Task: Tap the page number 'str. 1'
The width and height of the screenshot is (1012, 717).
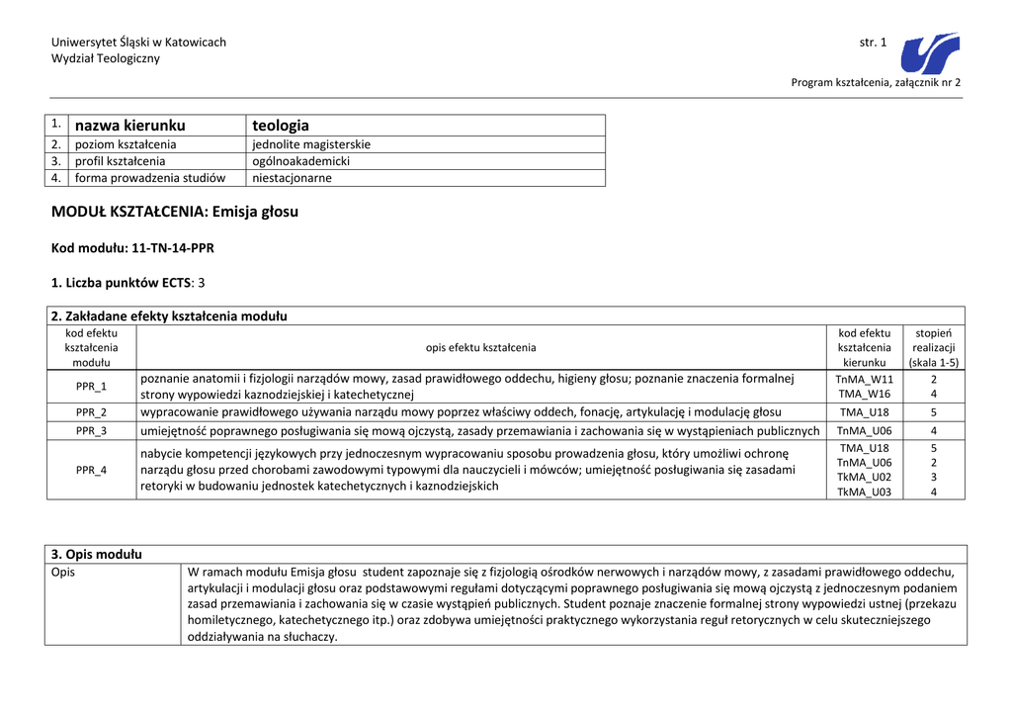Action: click(x=874, y=43)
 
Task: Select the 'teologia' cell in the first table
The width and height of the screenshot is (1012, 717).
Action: click(x=281, y=126)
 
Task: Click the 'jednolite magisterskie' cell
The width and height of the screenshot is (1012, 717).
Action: click(x=311, y=144)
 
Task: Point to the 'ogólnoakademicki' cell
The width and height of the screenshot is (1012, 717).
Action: click(x=301, y=161)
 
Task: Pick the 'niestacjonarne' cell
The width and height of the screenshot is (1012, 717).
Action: click(x=293, y=178)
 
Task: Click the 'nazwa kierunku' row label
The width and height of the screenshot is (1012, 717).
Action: click(x=129, y=126)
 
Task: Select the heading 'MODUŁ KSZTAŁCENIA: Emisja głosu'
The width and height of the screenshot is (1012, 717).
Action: click(x=175, y=212)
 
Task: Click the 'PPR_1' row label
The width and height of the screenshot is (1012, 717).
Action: click(x=91, y=386)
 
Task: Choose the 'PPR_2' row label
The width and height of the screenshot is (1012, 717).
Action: click(x=91, y=411)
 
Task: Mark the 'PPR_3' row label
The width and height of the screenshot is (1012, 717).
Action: click(x=91, y=430)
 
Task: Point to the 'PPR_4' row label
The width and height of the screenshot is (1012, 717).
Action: click(x=91, y=470)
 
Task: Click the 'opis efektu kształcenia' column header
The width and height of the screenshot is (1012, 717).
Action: click(x=480, y=347)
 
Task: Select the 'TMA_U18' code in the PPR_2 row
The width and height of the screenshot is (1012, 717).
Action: click(x=865, y=412)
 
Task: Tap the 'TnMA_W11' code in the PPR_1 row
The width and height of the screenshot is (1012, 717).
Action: click(x=865, y=379)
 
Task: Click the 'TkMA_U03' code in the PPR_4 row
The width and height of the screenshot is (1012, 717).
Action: click(x=865, y=492)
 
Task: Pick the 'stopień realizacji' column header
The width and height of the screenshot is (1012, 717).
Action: click(x=934, y=347)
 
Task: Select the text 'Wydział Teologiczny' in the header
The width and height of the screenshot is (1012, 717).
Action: click(x=106, y=58)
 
